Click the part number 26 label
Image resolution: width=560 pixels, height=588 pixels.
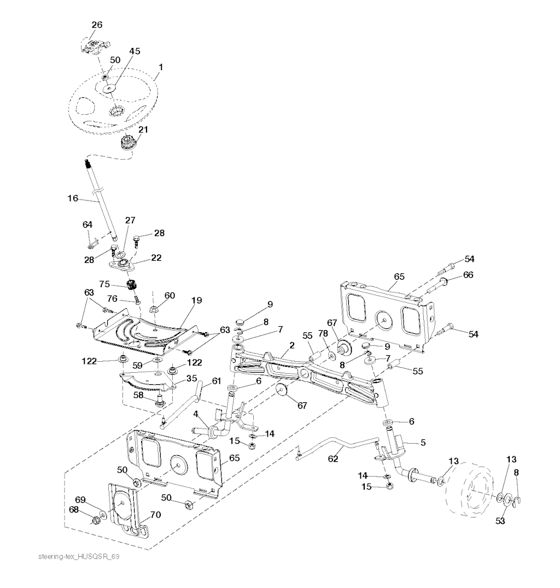[x=97, y=25]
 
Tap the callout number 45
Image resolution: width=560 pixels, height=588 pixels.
[x=135, y=51]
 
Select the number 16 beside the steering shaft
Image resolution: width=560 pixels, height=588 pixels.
[x=73, y=198]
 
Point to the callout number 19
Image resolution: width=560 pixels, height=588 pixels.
[x=196, y=301]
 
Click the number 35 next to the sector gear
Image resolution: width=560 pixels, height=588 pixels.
[x=192, y=378]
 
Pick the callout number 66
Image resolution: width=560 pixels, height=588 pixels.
[x=468, y=275]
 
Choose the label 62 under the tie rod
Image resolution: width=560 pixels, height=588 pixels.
[x=333, y=459]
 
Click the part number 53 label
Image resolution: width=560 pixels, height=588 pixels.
[x=500, y=521]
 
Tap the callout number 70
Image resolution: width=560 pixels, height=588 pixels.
[x=155, y=515]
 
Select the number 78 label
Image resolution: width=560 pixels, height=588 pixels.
[x=323, y=333]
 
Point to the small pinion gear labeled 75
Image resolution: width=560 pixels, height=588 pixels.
[x=131, y=285]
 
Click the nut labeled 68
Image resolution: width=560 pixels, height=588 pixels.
[x=96, y=520]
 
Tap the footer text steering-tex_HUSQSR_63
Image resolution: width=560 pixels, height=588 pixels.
[x=79, y=556]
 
